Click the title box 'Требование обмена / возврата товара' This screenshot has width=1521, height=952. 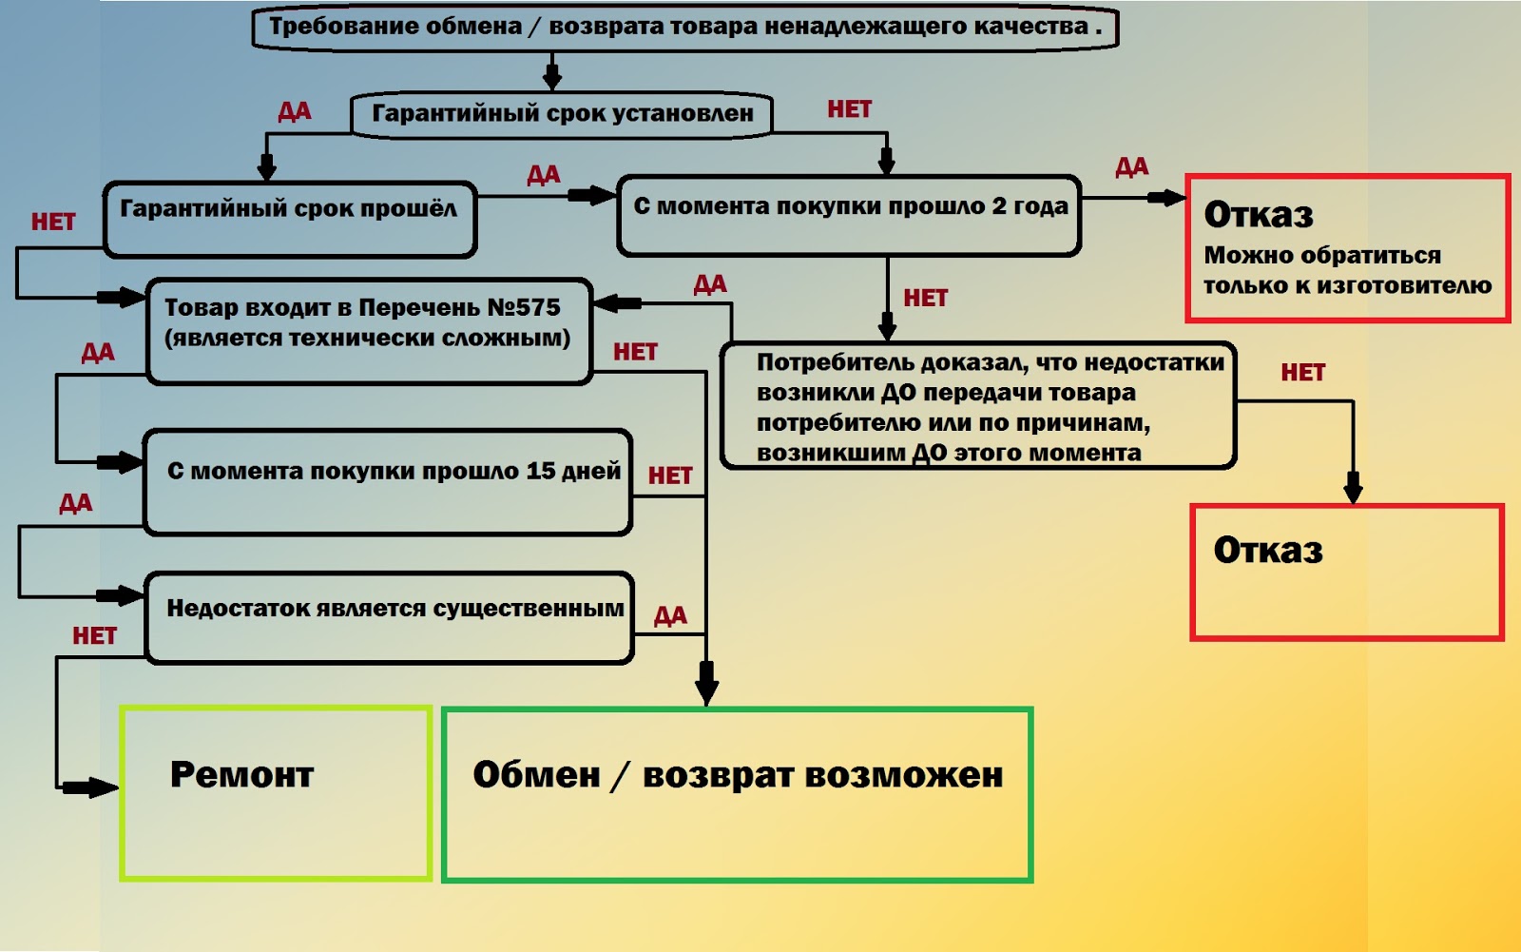pyautogui.click(x=684, y=27)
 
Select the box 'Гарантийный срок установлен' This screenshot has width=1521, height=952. pyautogui.click(x=562, y=114)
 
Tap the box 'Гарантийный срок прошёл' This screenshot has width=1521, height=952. pyautogui.click(x=289, y=219)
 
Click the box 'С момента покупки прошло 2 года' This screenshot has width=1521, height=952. pyautogui.click(x=850, y=216)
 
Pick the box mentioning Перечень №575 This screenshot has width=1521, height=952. pyautogui.click(x=369, y=330)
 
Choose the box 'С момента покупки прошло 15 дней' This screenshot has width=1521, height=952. pyautogui.click(x=388, y=481)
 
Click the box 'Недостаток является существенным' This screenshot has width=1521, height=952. pyautogui.click(x=390, y=617)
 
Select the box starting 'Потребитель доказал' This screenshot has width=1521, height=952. pyautogui.click(x=978, y=406)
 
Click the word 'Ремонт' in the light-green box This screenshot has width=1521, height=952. pyautogui.click(x=241, y=775)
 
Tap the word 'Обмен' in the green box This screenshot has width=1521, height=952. pyautogui.click(x=536, y=775)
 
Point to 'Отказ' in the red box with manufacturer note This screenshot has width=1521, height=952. pyautogui.click(x=1259, y=215)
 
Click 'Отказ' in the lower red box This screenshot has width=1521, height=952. pyautogui.click(x=1268, y=551)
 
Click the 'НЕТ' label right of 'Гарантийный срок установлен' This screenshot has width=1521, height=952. pyautogui.click(x=849, y=109)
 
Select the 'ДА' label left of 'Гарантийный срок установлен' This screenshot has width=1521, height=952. pyautogui.click(x=294, y=111)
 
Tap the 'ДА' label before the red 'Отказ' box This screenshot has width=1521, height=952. pyautogui.click(x=1131, y=167)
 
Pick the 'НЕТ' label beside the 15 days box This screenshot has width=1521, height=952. pyautogui.click(x=670, y=475)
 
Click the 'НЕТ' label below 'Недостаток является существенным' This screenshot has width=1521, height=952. pyautogui.click(x=94, y=635)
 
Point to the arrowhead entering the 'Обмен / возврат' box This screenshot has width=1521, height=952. pyautogui.click(x=706, y=688)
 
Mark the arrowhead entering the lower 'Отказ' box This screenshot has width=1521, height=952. pyautogui.click(x=1353, y=490)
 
